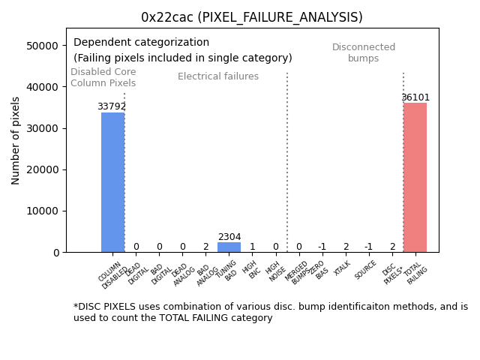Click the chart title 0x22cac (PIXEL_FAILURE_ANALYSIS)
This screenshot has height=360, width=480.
click(x=252, y=17)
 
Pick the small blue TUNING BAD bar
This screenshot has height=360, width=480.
click(x=229, y=247)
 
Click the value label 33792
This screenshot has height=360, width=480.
click(x=112, y=106)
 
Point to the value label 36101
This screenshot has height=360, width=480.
click(x=415, y=97)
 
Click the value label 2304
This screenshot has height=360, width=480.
click(x=229, y=237)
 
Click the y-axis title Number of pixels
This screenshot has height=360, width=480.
click(x=16, y=140)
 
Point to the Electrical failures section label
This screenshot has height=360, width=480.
click(x=218, y=76)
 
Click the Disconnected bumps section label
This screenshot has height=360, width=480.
click(x=364, y=53)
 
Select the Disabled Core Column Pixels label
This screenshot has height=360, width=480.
click(x=103, y=78)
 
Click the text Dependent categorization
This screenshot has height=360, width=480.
click(x=141, y=43)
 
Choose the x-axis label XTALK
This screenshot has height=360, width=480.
click(x=342, y=269)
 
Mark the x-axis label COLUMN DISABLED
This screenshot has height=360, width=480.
click(x=112, y=275)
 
